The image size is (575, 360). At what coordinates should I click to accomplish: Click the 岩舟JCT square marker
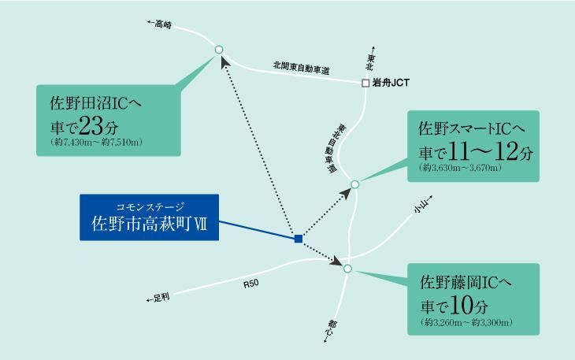365,84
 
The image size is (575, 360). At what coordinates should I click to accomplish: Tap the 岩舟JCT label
391,83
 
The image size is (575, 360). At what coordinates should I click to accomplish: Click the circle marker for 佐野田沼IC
218,50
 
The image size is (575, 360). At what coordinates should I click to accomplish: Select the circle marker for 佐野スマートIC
354,184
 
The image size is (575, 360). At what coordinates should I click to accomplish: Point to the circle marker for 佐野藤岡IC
347,269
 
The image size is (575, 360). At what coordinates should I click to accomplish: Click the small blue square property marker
299,239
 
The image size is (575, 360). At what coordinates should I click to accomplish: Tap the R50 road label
250,284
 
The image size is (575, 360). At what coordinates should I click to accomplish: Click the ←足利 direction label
158,298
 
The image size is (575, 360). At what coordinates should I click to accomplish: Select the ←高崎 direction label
160,24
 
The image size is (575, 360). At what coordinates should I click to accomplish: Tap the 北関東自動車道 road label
301,68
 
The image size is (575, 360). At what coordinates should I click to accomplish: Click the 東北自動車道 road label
333,148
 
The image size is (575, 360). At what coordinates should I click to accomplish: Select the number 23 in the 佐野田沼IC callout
91,126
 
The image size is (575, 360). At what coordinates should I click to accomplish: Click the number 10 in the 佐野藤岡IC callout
462,305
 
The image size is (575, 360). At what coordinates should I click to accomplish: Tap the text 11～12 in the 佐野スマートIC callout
484,151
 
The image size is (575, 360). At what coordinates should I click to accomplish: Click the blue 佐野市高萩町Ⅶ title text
149,224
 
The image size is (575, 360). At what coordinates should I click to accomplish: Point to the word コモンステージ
150,207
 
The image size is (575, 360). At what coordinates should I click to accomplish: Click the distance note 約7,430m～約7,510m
96,143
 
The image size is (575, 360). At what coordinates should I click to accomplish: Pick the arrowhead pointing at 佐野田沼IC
225,62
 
